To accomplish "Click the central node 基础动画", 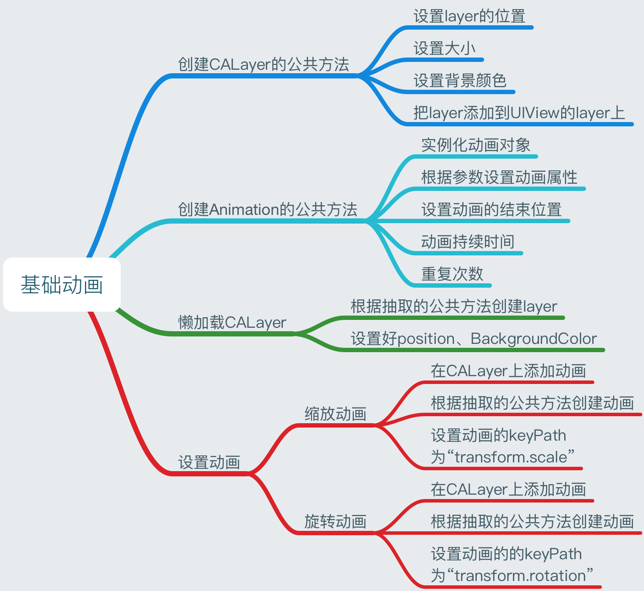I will [62, 285].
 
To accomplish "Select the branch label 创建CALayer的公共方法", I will [264, 65].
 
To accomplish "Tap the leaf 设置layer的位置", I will [469, 17].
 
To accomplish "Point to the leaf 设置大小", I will [444, 48].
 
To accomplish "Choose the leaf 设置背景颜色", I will [460, 81].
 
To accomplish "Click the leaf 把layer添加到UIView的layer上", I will [519, 113].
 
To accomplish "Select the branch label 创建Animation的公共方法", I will [268, 210].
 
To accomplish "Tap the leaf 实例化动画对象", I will [476, 145].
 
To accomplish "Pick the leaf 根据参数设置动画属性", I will [499, 177].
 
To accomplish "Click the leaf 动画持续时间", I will [468, 241].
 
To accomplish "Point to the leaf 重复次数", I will [452, 274].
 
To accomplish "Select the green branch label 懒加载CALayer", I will [232, 323].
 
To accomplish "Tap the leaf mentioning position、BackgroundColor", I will [474, 339].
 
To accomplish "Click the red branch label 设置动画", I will [209, 462].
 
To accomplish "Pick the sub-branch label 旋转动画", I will [336, 521].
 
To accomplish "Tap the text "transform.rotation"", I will [520, 576].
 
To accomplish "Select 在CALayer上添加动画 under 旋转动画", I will [508, 489].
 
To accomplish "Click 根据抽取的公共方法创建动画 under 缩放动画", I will [532, 403].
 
